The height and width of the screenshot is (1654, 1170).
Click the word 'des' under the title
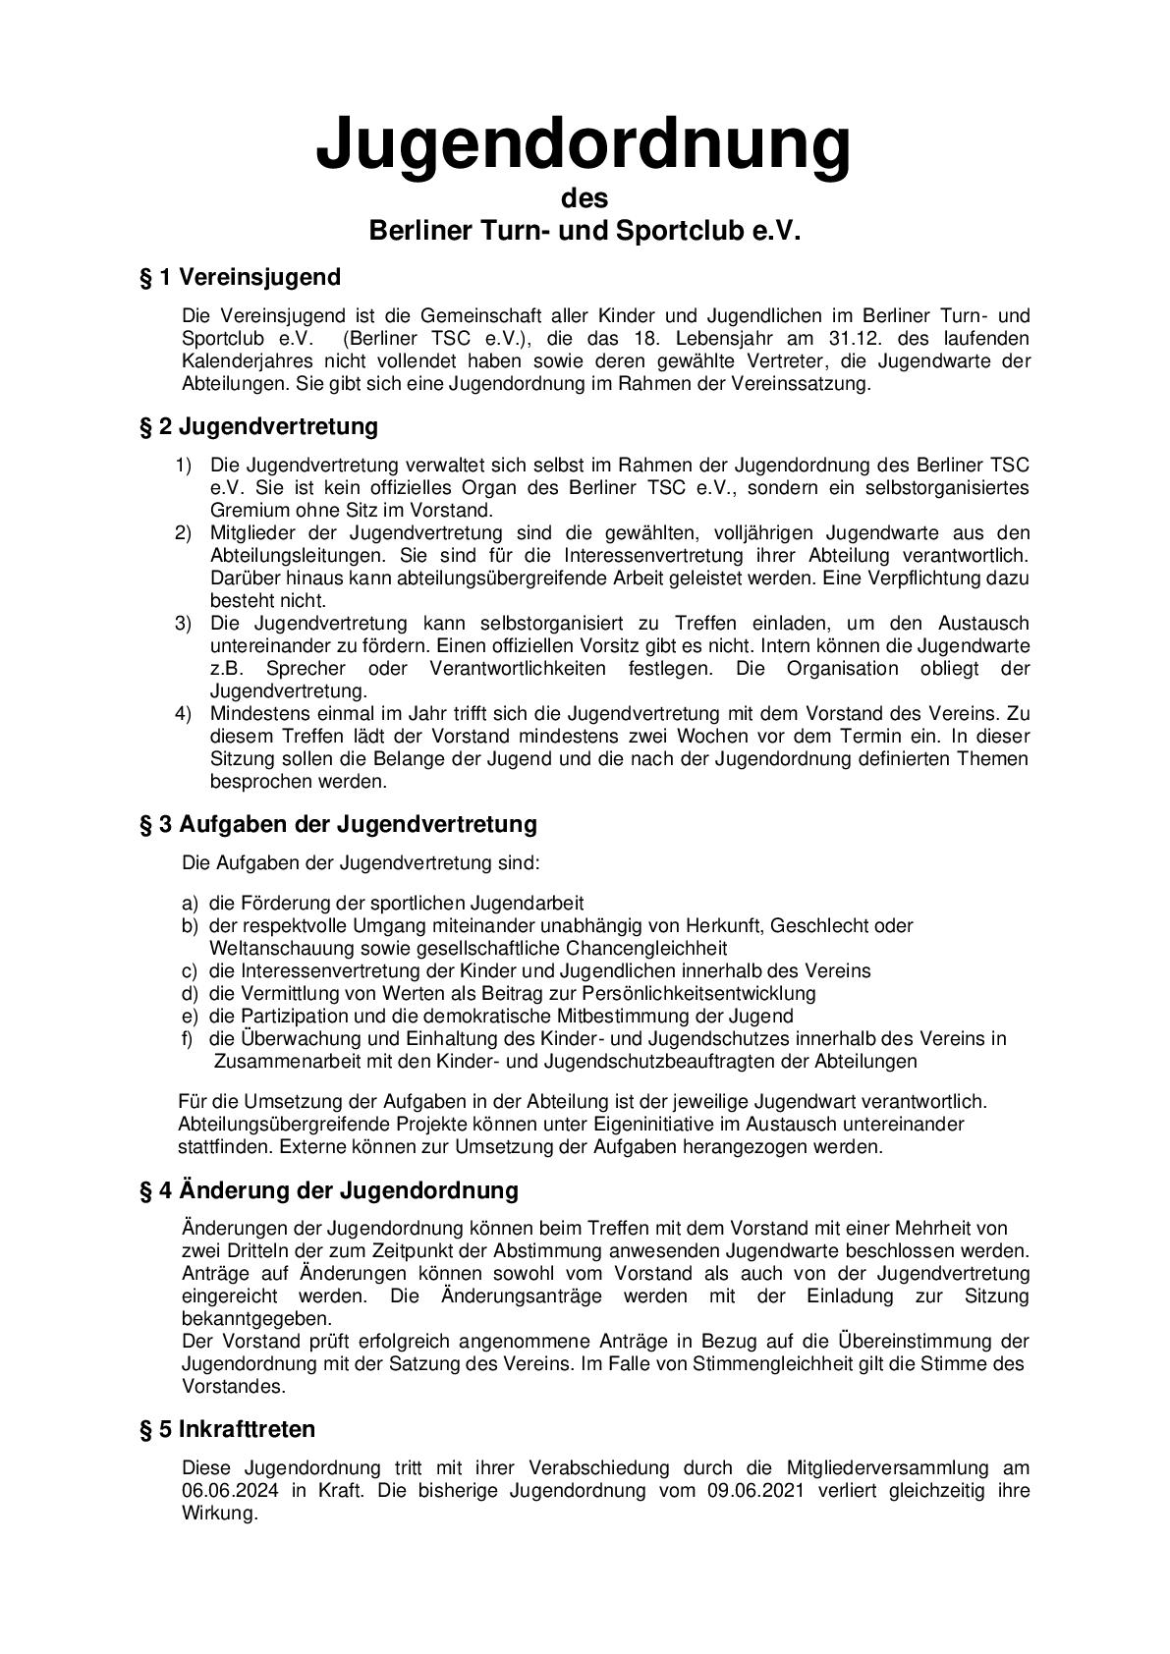[585, 198]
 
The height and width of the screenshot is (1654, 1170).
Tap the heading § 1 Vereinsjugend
[240, 278]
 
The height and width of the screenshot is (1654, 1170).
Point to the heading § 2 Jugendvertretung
[258, 427]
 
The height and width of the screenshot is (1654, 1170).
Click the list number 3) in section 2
[184, 624]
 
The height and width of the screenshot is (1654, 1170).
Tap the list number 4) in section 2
[184, 714]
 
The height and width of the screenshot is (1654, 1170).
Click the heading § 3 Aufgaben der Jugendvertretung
[338, 824]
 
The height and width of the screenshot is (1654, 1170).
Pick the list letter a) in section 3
[190, 903]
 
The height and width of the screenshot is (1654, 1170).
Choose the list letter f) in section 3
[189, 1038]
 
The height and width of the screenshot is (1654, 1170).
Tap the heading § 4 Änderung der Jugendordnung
[328, 1190]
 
